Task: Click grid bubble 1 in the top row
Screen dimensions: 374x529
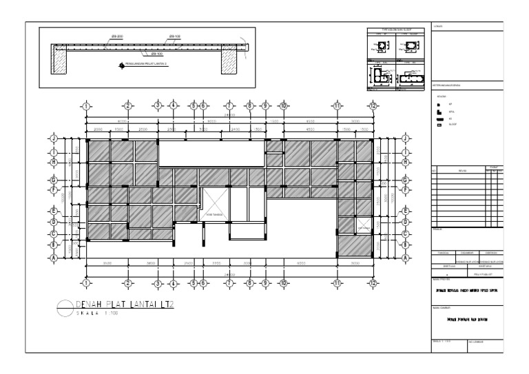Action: click(x=85, y=105)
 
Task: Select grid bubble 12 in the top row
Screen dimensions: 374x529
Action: click(x=373, y=105)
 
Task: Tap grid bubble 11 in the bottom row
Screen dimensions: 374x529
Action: click(x=338, y=282)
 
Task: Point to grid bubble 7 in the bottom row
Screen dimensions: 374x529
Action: click(x=229, y=282)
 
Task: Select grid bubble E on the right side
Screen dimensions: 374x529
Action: click(x=405, y=211)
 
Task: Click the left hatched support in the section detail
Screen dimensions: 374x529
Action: click(x=58, y=63)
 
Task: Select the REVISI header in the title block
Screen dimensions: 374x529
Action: click(x=462, y=169)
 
